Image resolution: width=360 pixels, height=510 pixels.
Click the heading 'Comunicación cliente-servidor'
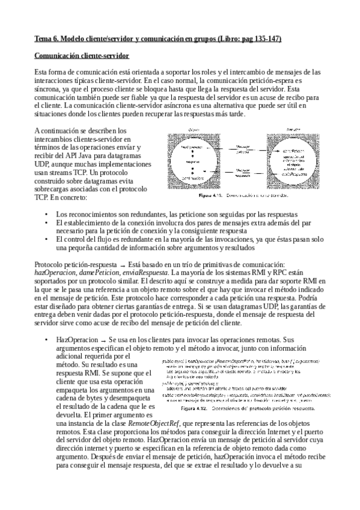click(x=81, y=56)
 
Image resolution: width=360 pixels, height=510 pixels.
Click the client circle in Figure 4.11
click(x=194, y=157)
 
